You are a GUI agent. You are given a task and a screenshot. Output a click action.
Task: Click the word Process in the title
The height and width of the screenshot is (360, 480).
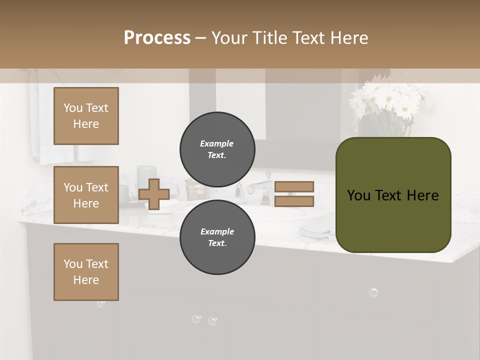coord(157,38)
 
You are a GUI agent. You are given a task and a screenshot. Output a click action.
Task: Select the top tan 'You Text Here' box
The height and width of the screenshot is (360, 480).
coord(86,116)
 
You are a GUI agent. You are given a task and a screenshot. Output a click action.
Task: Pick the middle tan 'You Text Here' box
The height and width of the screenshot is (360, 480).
coord(86,195)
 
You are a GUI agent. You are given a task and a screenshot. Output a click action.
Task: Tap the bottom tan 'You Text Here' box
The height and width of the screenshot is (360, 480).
coord(86,272)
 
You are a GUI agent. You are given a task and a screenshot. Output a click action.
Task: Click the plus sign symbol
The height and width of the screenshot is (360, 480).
coord(154,194)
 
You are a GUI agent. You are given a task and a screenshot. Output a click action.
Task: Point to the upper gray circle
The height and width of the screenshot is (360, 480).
coord(217,149)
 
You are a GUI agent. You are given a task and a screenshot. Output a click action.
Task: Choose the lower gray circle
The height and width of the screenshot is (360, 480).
coord(217,237)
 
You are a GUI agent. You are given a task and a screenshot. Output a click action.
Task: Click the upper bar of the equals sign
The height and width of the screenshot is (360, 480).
coord(294,186)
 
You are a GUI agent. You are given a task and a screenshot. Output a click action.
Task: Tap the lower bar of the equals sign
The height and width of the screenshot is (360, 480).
coord(294,201)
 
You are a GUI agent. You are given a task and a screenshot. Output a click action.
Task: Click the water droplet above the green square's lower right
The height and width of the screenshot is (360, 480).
coord(373,292)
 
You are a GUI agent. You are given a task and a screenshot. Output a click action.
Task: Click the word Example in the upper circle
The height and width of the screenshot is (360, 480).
coord(216,143)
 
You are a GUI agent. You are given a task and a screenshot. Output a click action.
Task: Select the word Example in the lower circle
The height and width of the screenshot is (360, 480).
coord(217,231)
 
